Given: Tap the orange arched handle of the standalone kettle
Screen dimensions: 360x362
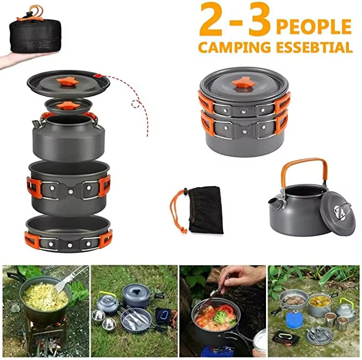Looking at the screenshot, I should [x=301, y=166].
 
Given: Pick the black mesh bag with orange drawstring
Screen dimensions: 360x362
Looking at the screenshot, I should [x=205, y=209].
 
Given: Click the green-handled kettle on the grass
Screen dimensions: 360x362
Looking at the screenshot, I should [x=108, y=302].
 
